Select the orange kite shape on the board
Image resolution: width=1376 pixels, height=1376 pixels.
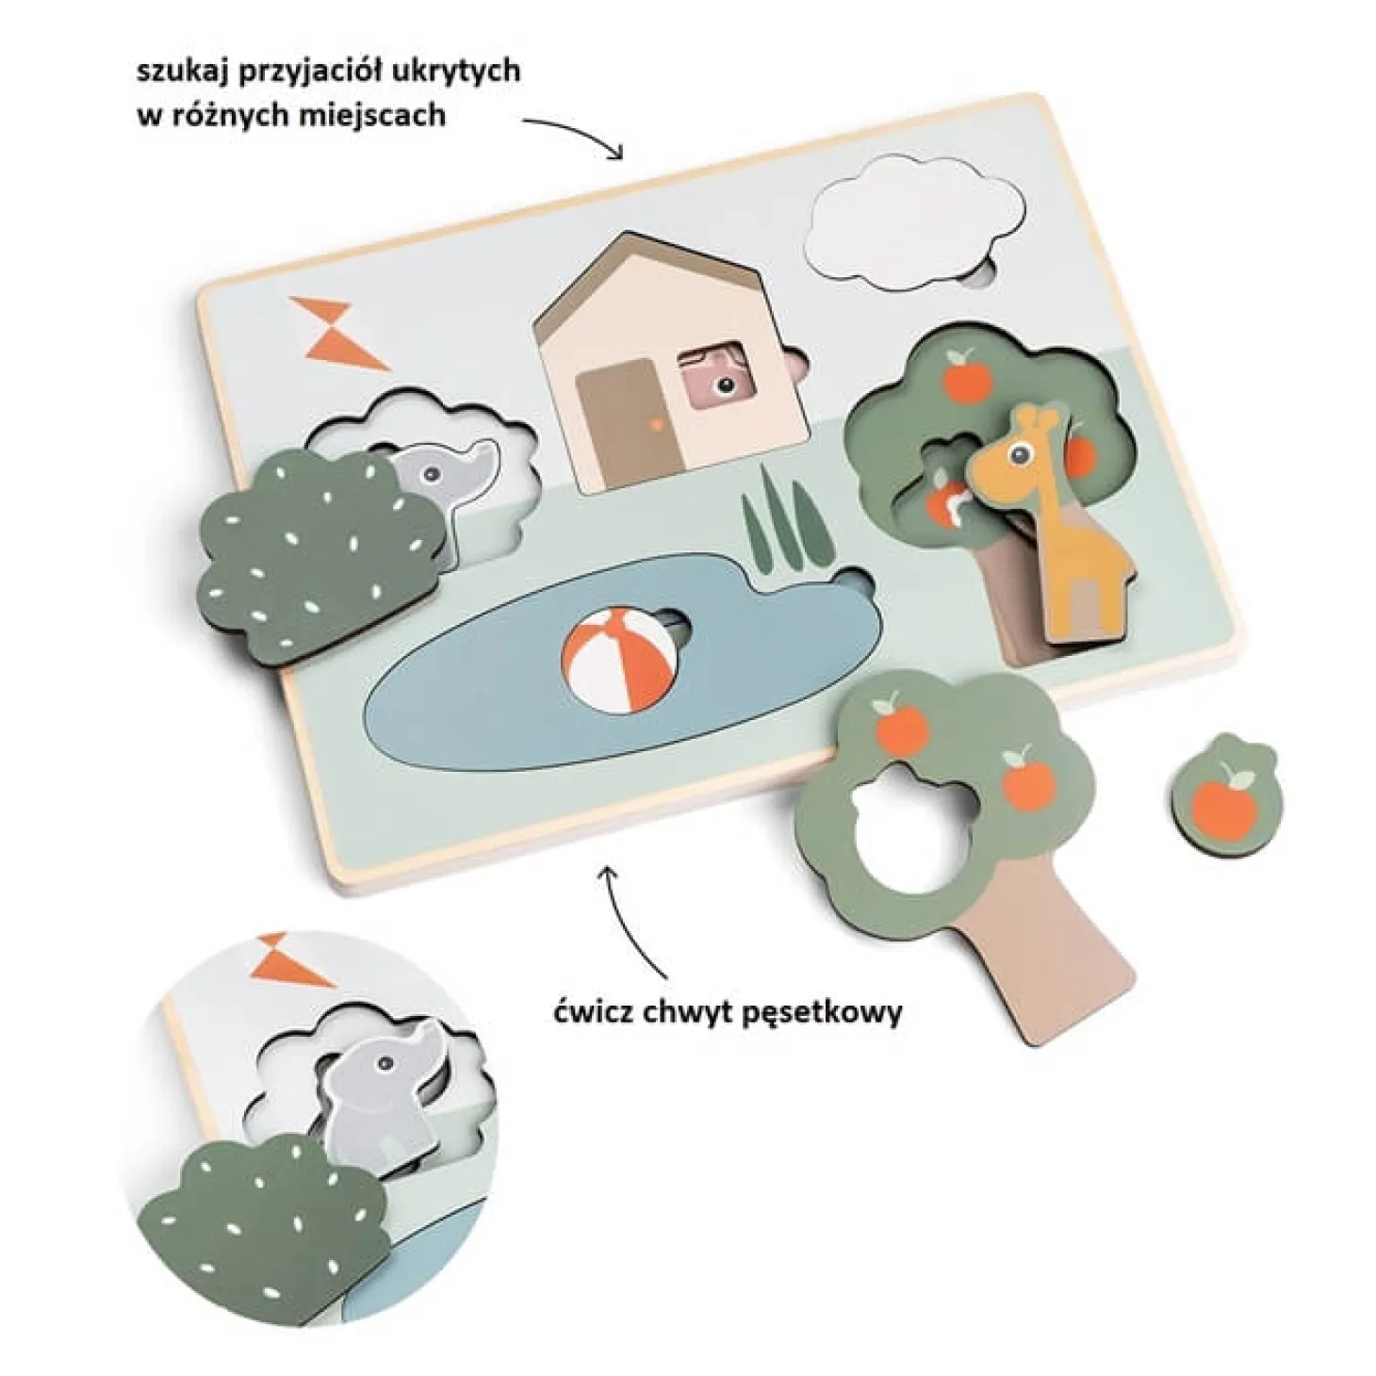340,334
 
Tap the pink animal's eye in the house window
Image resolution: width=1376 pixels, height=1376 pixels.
727,386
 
